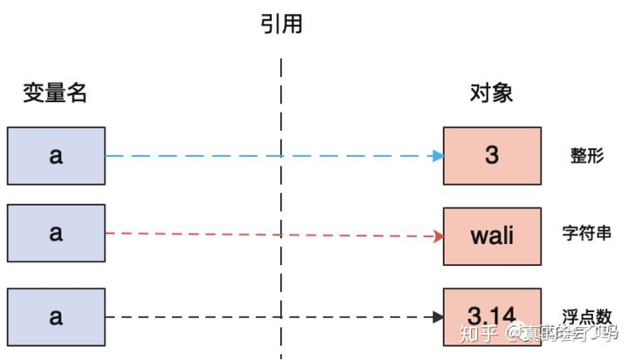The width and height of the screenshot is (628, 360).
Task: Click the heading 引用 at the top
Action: (x=281, y=24)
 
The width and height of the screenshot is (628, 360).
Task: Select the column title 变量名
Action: (x=56, y=93)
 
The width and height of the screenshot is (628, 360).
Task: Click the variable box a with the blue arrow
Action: (x=56, y=156)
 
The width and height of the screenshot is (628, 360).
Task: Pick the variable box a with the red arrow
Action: (x=56, y=234)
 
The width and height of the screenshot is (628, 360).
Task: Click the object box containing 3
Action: (x=492, y=156)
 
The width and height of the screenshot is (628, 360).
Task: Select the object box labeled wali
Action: (x=492, y=236)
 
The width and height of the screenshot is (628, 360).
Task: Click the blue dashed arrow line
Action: (x=218, y=156)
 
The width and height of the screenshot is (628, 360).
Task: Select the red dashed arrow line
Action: (x=218, y=234)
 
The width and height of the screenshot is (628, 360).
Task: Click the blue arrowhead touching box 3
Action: (x=438, y=156)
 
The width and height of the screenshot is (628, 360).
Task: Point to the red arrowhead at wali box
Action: (x=438, y=236)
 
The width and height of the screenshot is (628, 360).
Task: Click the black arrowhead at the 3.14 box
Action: (x=438, y=316)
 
